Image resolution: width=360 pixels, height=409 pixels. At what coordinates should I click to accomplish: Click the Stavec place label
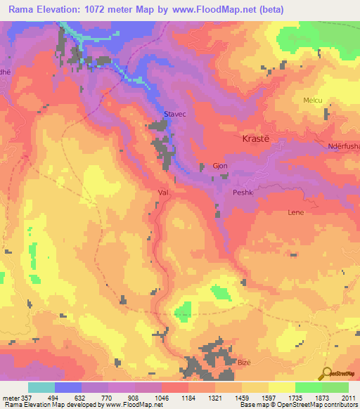tap(174, 113)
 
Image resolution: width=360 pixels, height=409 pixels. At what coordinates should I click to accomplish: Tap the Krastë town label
tap(259, 138)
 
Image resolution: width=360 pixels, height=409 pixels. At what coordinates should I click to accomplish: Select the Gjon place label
tap(219, 167)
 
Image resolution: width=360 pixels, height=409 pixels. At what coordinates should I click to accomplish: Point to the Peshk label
tap(242, 191)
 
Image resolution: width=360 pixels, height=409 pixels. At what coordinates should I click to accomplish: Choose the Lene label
tap(296, 211)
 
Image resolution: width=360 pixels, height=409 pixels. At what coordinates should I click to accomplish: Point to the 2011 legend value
tap(349, 397)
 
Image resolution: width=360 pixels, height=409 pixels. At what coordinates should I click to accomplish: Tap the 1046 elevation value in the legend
tap(162, 397)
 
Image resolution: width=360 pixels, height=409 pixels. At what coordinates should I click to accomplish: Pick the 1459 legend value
tap(242, 397)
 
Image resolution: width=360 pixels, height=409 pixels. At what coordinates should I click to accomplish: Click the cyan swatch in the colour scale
tap(41, 387)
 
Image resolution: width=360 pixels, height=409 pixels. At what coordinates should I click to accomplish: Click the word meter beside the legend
tap(11, 397)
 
